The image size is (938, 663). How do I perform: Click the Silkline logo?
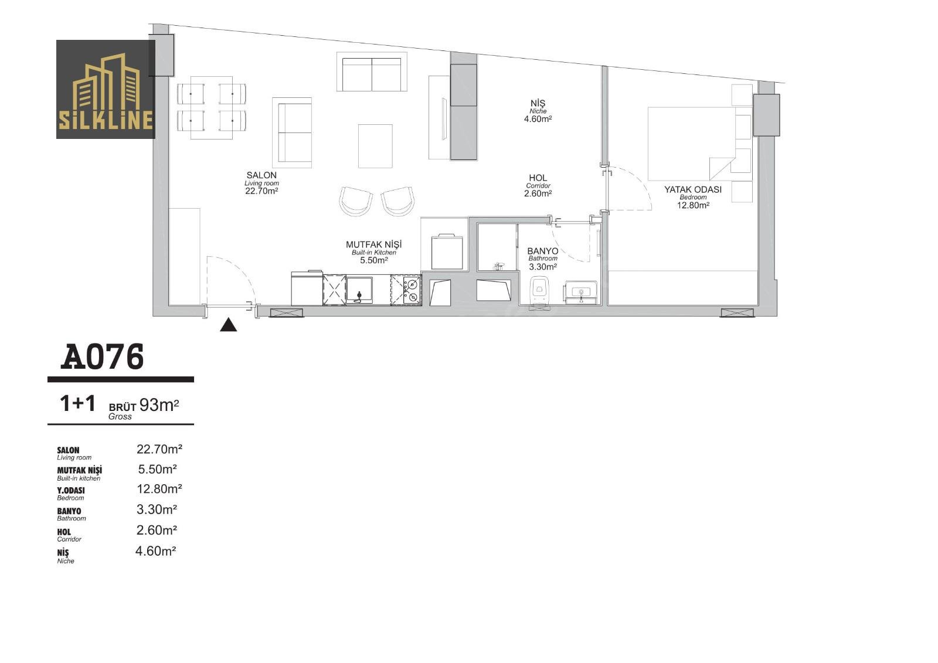coord(106,89)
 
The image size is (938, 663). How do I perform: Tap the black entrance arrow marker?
coord(228,325)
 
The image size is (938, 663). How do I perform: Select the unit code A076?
coord(102,356)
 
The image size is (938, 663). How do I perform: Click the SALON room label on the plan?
coord(261,175)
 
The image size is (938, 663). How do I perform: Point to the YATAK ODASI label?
coord(692,189)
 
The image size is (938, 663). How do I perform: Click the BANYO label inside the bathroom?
coord(543,251)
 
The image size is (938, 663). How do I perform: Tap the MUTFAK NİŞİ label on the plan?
coord(373,244)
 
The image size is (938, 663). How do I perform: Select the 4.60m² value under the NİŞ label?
coord(538,119)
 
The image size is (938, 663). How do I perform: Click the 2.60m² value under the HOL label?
coord(538,193)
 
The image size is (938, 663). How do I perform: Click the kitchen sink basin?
coord(359,289)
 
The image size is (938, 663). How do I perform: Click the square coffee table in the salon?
coord(375,146)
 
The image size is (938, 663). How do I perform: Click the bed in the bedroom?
coord(692,144)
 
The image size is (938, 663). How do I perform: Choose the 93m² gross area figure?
coord(159,405)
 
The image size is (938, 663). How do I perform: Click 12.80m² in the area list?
coord(159,489)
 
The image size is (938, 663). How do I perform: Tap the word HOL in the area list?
coord(64,532)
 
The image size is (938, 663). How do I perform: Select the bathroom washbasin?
coord(581,291)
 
